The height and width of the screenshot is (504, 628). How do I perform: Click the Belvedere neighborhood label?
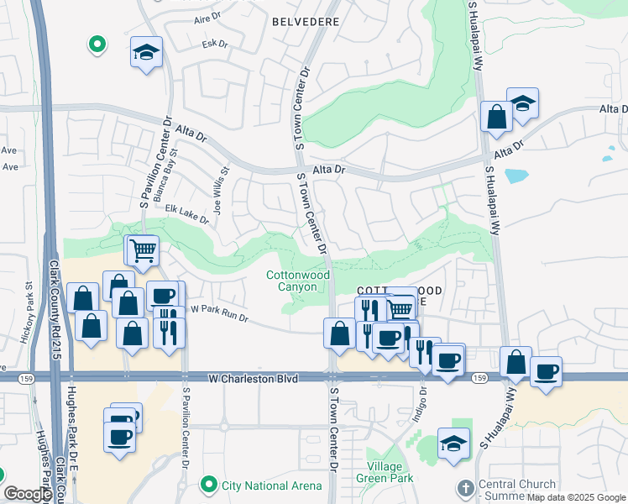tap(306, 20)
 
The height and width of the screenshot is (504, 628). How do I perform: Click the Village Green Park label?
tap(390, 472)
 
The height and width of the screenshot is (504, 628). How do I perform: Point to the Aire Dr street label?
tap(206, 18)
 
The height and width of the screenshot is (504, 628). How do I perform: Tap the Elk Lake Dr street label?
tap(186, 214)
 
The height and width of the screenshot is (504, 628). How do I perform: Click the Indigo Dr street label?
tap(423, 402)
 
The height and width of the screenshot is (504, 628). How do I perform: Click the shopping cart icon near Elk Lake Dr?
tap(143, 249)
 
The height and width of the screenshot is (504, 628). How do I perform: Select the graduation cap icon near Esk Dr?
tap(146, 54)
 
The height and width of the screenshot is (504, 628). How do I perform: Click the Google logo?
tap(27, 494)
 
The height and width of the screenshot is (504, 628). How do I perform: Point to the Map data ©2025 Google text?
tap(576, 497)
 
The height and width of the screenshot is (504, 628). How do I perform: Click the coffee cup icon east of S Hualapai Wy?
tap(547, 370)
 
